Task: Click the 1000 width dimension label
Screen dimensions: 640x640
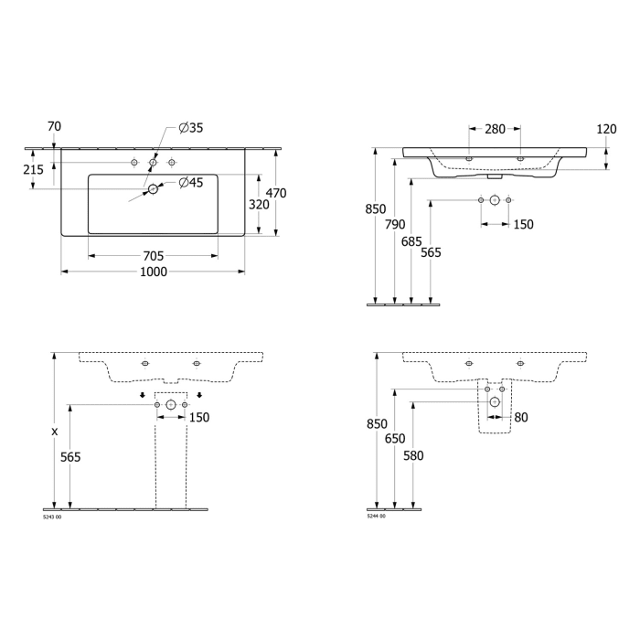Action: point(153,272)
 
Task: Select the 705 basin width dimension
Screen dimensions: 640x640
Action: point(153,256)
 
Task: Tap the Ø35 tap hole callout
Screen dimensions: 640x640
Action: point(190,128)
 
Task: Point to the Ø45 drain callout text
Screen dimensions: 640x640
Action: point(190,183)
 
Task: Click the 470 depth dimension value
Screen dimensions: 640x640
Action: point(276,193)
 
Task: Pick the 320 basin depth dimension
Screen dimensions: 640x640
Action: point(259,205)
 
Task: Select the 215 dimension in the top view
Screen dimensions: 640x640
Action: point(32,170)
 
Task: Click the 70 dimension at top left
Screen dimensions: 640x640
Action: point(54,126)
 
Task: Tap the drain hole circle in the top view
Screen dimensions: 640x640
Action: point(154,189)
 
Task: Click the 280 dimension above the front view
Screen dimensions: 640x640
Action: point(495,129)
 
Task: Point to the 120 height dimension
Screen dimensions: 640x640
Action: point(606,129)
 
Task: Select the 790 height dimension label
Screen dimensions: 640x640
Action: point(395,224)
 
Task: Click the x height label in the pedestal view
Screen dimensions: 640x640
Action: point(55,431)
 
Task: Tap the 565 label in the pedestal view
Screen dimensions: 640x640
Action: point(70,457)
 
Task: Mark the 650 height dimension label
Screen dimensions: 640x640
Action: point(395,439)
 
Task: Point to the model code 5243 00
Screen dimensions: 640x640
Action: point(53,517)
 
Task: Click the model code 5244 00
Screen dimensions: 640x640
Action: point(376,517)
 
